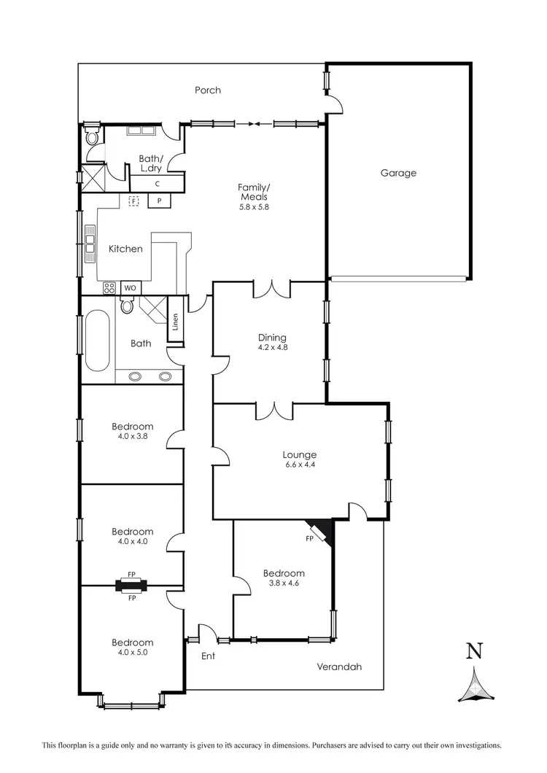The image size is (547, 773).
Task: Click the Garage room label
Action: (398, 173)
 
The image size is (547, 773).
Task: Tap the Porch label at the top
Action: (207, 90)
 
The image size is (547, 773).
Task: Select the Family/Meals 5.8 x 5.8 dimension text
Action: (252, 206)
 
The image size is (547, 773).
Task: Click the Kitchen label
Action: (125, 249)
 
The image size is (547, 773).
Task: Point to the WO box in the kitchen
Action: (131, 288)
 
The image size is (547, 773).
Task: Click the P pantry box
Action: (158, 201)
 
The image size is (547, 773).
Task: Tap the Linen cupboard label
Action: (176, 321)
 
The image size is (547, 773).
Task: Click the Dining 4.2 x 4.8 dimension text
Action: (272, 348)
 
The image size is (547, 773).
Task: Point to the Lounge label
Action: (300, 454)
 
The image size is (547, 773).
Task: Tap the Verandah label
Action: (339, 667)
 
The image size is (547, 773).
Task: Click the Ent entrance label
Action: (208, 656)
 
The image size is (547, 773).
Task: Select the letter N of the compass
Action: (474, 650)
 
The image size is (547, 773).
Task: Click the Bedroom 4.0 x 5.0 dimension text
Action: (132, 653)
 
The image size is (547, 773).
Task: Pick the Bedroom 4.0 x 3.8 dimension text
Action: (132, 437)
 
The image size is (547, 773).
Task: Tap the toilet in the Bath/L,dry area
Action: (92, 138)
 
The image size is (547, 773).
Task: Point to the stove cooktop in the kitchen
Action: (109, 287)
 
